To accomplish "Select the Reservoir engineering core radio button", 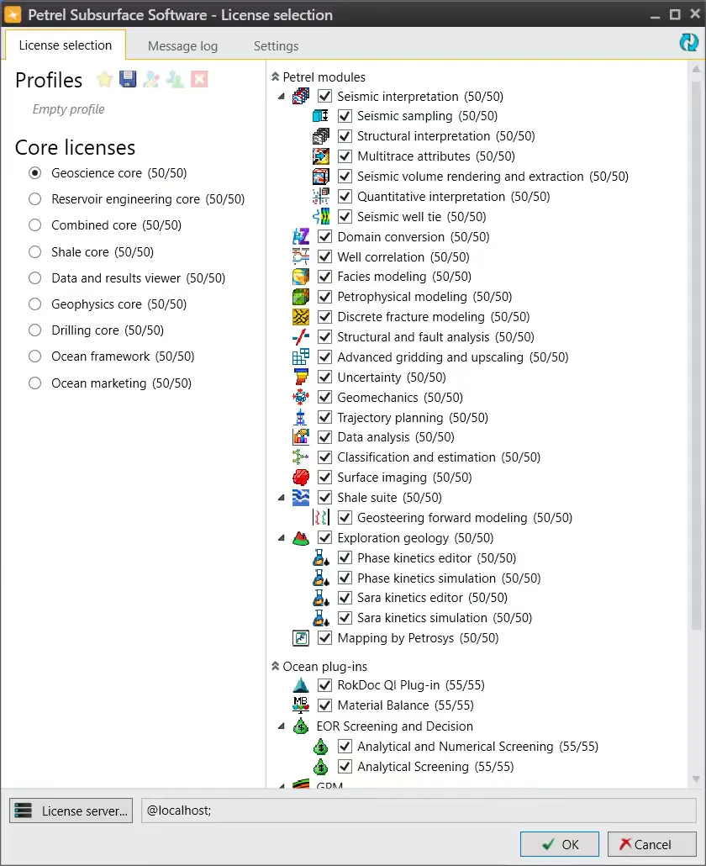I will click(x=34, y=199).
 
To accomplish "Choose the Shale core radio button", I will click(x=34, y=251).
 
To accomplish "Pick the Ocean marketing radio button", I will click(x=34, y=383).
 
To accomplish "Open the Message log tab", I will click(x=182, y=46).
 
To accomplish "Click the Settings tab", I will click(x=276, y=46).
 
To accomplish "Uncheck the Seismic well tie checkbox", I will click(x=345, y=217).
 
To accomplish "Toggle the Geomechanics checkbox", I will click(x=324, y=398).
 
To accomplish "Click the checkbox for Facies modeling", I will click(x=324, y=277).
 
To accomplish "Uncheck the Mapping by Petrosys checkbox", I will click(x=324, y=638).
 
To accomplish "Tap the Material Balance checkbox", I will click(x=324, y=705).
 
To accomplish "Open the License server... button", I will click(x=71, y=811).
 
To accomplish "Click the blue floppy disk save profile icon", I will click(x=128, y=79).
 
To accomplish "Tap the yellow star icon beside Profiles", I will click(x=104, y=79).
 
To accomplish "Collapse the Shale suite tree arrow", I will click(x=281, y=498).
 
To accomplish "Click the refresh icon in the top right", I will click(x=689, y=43).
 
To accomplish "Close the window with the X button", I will click(x=692, y=14).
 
